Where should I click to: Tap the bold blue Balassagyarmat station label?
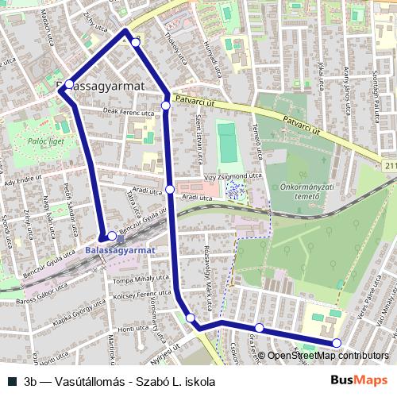(119, 249)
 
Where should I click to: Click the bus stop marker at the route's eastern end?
(337, 343)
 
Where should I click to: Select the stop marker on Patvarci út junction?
(165, 106)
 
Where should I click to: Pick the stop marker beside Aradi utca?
(170, 189)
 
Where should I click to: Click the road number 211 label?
(388, 166)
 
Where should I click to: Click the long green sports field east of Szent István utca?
(227, 141)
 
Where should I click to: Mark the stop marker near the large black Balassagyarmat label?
(70, 83)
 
